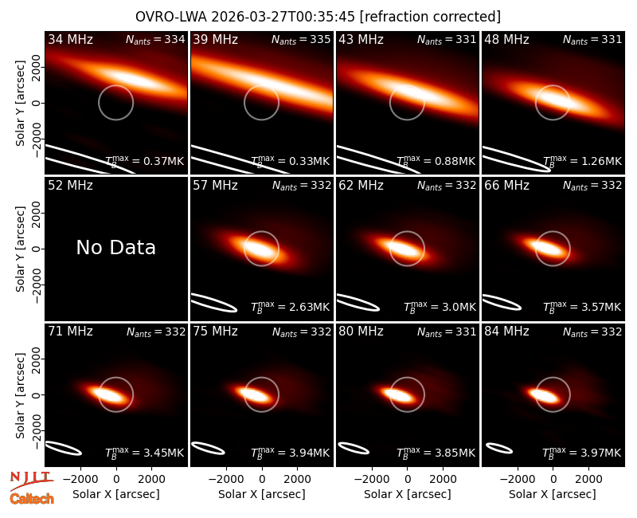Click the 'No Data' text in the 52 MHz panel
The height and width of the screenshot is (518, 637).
click(115, 247)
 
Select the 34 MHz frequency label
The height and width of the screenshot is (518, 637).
click(70, 39)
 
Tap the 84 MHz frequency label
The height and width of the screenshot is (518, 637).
click(506, 332)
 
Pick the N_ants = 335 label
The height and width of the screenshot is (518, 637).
click(301, 39)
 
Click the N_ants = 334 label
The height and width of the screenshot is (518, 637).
click(155, 39)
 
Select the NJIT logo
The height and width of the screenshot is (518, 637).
click(31, 481)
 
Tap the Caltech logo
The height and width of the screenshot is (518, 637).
click(32, 499)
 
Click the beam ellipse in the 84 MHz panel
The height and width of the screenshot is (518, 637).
click(499, 448)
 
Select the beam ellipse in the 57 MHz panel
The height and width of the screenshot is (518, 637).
click(213, 303)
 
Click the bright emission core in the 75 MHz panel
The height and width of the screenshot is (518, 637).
click(252, 394)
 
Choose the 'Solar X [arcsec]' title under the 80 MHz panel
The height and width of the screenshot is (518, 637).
click(407, 494)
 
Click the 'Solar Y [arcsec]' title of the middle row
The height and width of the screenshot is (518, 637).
click(20, 249)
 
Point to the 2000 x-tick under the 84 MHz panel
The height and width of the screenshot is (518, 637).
click(588, 479)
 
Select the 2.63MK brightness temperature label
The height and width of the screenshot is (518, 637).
click(290, 307)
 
